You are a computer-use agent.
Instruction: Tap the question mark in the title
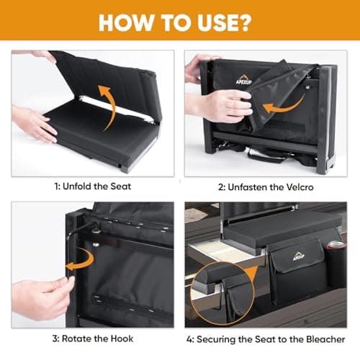click(243, 22)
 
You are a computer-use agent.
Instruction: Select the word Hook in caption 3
click(122, 338)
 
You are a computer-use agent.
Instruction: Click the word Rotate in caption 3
click(76, 338)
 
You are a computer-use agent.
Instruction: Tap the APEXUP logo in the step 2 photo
click(244, 80)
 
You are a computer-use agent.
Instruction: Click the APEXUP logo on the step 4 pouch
click(299, 256)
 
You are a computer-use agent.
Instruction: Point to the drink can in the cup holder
click(336, 246)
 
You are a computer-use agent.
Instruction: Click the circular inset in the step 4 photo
click(222, 294)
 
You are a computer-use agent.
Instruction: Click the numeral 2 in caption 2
click(221, 187)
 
